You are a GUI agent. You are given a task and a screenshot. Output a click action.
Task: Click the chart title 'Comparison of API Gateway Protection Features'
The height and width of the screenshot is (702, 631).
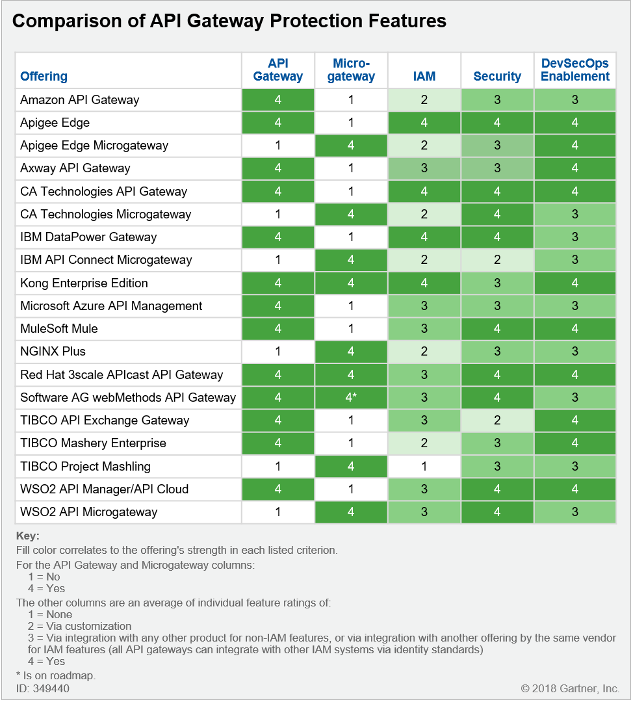pos(229,21)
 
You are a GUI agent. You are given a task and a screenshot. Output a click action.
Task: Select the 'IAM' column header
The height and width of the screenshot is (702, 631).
pos(424,76)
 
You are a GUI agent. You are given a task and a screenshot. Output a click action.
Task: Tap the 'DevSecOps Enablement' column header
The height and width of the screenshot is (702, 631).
pos(575,70)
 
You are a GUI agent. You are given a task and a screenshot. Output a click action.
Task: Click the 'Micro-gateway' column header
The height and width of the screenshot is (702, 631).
pos(351,70)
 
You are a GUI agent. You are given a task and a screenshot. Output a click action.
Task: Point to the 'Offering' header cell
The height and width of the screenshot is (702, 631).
pos(44,76)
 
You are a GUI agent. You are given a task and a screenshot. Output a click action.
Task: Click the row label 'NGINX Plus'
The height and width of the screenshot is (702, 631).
pos(53,352)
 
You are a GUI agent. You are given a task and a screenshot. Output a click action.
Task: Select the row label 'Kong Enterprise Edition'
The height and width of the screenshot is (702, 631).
pos(84,283)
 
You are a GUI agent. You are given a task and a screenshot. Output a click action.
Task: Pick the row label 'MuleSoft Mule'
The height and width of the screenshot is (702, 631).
pos(59,329)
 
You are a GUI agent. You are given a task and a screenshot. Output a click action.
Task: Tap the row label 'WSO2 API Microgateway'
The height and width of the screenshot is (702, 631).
pos(88,512)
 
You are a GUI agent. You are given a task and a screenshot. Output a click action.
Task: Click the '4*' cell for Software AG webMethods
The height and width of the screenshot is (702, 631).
pos(351,398)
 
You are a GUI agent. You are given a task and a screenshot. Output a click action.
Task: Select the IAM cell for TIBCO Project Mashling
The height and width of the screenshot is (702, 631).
pos(424,466)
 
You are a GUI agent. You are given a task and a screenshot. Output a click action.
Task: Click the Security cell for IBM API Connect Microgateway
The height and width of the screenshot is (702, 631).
pos(497,260)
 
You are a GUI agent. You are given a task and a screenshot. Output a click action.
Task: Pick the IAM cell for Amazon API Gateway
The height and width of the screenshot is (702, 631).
pos(424,100)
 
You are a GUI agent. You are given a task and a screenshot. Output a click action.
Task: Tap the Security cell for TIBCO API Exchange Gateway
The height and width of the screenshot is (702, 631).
pos(497,421)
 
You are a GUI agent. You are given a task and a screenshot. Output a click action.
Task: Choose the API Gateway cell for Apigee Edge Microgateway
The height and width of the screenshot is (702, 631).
pos(278,146)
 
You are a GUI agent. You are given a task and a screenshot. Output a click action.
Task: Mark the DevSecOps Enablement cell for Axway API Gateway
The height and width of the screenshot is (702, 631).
pos(575,168)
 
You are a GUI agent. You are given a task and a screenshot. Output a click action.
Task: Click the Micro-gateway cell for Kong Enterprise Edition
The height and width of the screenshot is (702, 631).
pos(351,283)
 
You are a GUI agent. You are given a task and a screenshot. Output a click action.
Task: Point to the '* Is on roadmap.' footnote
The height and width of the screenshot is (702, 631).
pos(56,675)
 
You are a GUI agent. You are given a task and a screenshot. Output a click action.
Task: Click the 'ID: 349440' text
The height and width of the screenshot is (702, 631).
pos(43,688)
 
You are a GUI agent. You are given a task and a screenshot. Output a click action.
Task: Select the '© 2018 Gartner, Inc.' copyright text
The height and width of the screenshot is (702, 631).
pos(570,688)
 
